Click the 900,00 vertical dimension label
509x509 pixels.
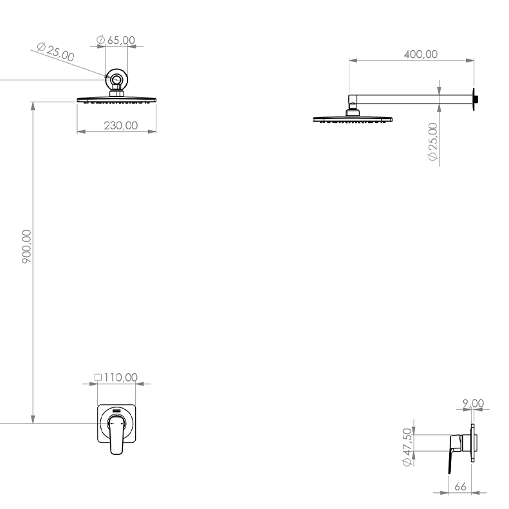tap(26, 246)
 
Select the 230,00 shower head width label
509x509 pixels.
tap(121, 125)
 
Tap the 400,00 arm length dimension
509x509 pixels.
tap(421, 54)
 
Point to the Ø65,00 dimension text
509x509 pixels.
tap(116, 40)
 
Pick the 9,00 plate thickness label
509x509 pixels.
tap(474, 403)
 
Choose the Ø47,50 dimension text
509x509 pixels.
tap(407, 447)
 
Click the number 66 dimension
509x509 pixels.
tap(460, 486)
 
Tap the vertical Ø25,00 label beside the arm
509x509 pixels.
tap(432, 142)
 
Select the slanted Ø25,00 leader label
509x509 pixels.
tap(55, 51)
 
